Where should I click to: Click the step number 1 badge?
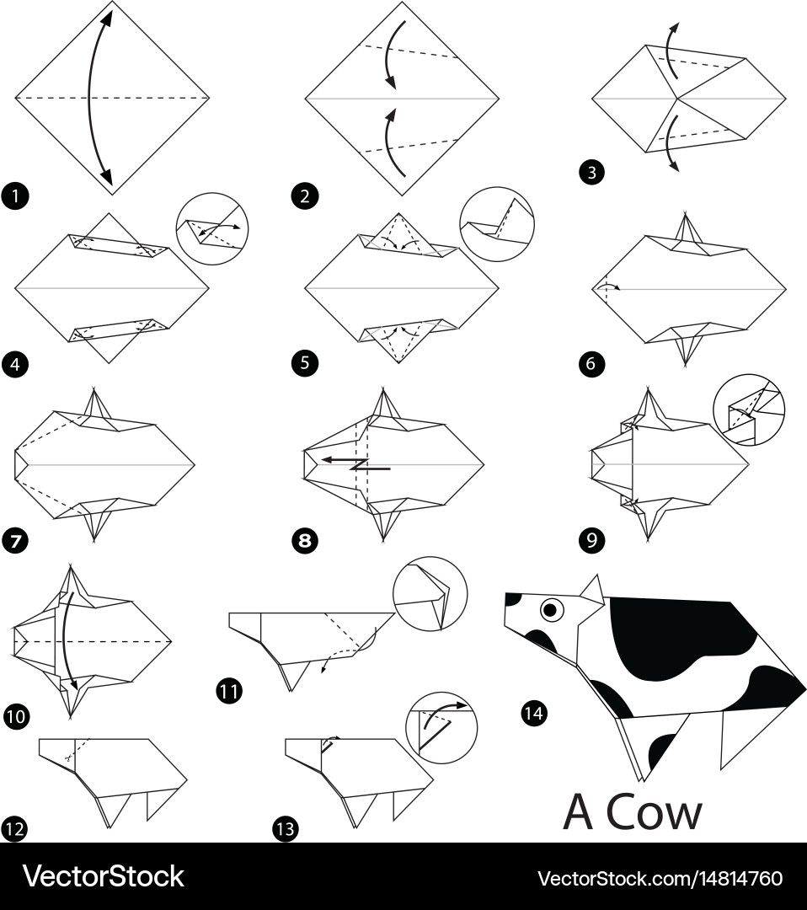coord(15,195)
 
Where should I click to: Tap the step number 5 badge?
coord(305,364)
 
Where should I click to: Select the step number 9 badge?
coord(591,540)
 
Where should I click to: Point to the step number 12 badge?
coord(14,829)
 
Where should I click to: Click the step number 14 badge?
coord(534,713)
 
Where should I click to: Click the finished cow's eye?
coord(552,609)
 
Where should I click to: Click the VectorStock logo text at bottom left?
coord(104,876)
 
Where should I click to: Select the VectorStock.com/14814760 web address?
coord(660,878)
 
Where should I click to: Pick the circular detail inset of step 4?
coord(212,228)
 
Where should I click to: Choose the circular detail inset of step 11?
coord(430,594)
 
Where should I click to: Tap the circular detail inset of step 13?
coord(441,728)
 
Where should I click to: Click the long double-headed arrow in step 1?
coord(90,99)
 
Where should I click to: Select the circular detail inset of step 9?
coord(749,409)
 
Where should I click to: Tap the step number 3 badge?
coord(591,173)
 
